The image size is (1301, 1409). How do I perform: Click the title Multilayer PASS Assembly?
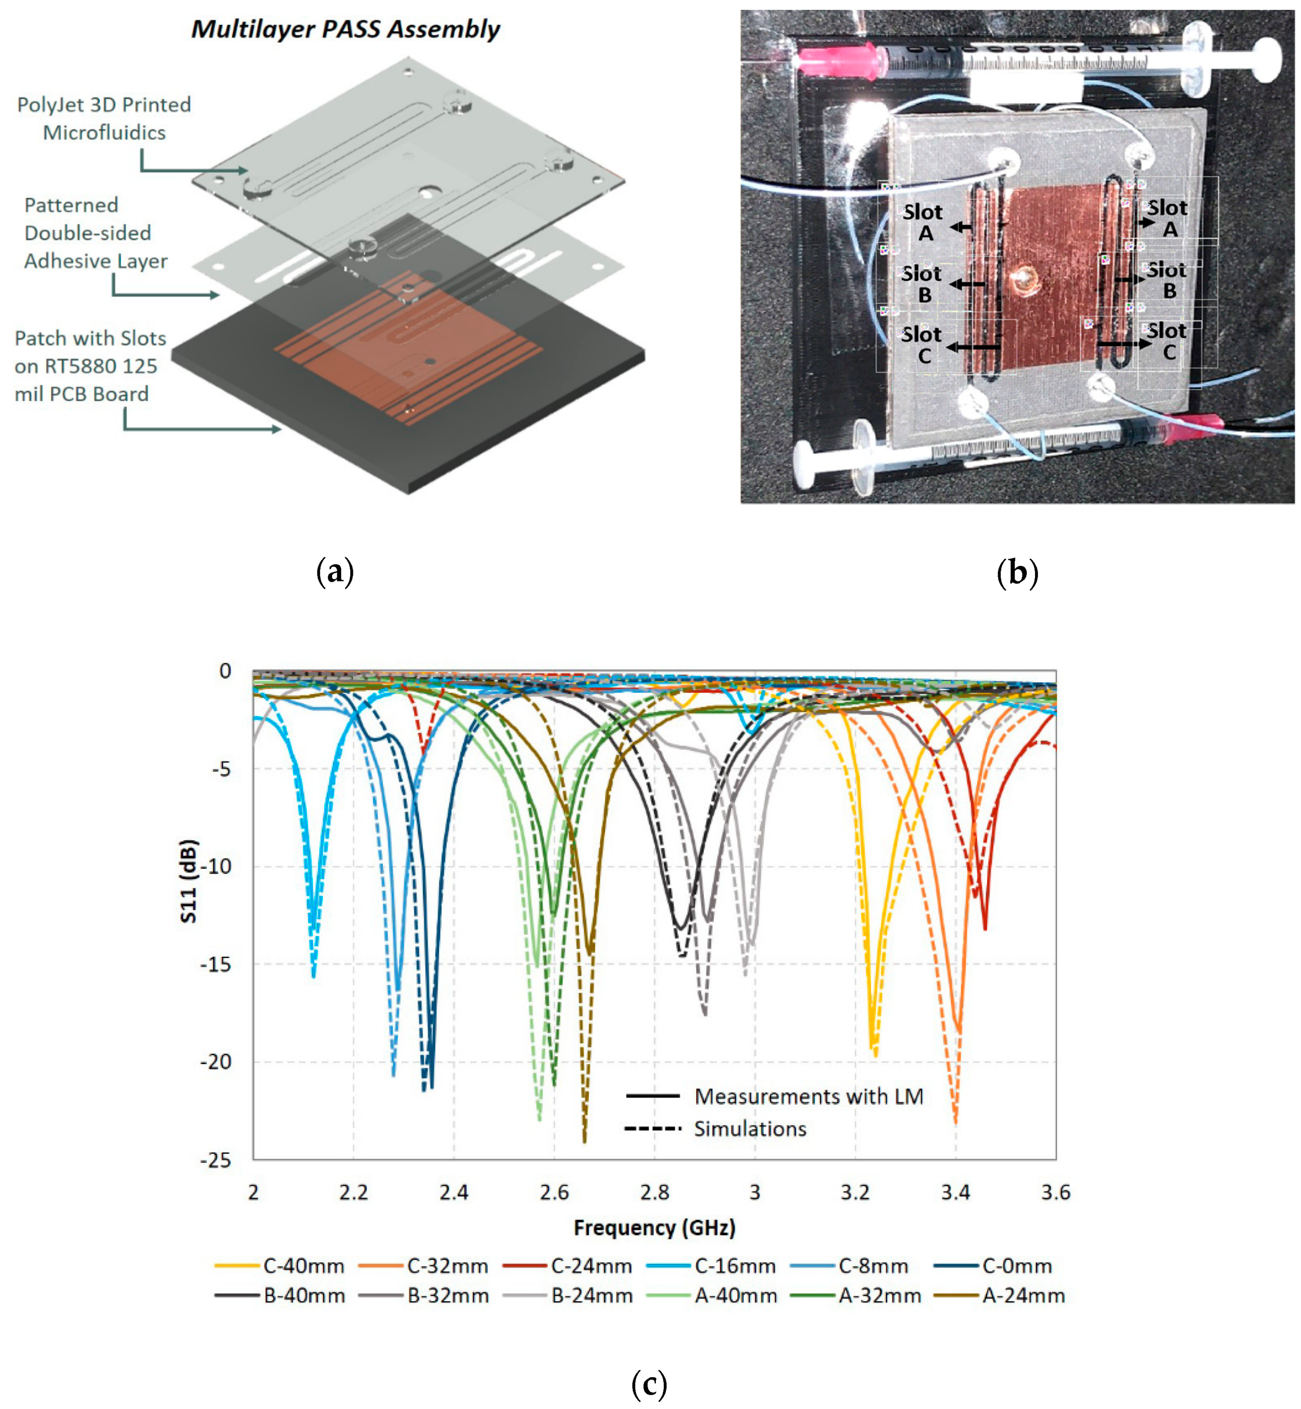click(x=345, y=29)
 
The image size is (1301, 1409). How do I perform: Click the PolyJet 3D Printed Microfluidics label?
click(x=104, y=118)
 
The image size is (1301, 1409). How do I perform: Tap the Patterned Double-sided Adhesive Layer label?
click(x=95, y=233)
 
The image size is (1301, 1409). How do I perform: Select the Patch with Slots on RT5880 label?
click(x=90, y=366)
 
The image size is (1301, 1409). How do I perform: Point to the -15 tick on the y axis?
click(x=216, y=964)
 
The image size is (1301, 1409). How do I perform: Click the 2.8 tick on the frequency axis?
click(x=654, y=1192)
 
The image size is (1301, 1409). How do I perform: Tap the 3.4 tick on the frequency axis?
click(x=955, y=1192)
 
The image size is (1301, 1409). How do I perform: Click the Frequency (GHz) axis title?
click(x=654, y=1227)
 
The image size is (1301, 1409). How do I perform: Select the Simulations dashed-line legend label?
click(x=750, y=1129)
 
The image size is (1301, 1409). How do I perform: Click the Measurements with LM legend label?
click(x=808, y=1096)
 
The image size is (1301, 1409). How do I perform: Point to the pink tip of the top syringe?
click(x=838, y=58)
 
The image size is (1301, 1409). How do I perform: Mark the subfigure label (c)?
click(x=649, y=1384)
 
